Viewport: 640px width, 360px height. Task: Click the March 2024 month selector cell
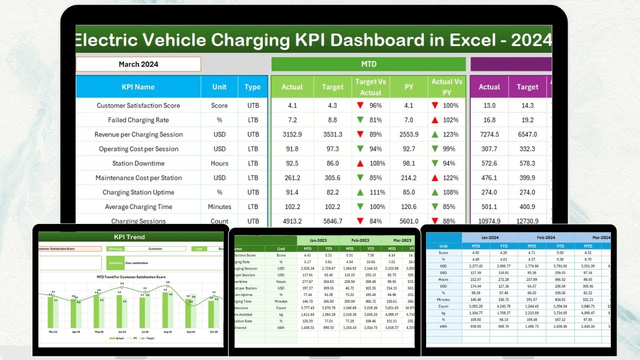click(x=138, y=64)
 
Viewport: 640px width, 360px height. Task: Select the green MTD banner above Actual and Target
click(x=368, y=64)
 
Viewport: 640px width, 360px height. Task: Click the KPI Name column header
click(x=138, y=87)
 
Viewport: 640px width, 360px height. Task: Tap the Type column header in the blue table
click(x=252, y=87)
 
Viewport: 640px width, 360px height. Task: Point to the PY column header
click(x=408, y=87)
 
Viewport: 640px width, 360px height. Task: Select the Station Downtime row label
click(x=138, y=163)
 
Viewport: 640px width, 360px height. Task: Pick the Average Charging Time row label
click(x=138, y=207)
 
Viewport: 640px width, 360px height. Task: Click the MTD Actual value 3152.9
click(x=292, y=134)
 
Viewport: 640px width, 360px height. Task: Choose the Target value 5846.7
click(x=332, y=221)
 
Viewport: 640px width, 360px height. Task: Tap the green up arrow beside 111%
click(x=359, y=192)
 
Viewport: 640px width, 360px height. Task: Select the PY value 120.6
click(x=408, y=207)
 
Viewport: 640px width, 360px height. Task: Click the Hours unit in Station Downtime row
click(x=219, y=163)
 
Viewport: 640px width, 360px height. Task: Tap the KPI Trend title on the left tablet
click(x=129, y=236)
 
